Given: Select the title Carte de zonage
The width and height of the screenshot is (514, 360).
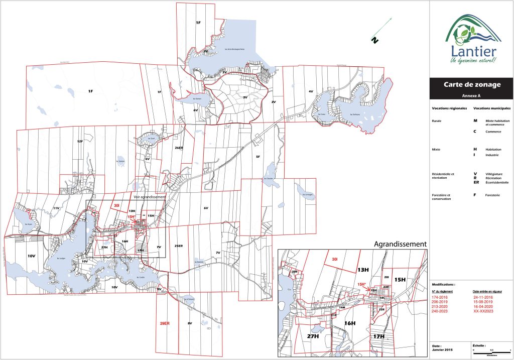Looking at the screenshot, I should [472, 85].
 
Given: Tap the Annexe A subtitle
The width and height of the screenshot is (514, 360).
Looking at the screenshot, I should [471, 95].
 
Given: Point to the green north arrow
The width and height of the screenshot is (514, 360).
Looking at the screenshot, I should [382, 30].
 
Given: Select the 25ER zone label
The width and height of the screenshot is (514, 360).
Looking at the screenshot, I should [178, 246].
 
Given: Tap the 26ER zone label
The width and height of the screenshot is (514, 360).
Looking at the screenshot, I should [179, 148].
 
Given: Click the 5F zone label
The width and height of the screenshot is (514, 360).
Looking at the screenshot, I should [258, 157].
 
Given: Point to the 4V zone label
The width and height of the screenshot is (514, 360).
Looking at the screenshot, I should [311, 91].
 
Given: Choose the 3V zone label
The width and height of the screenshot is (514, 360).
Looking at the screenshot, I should [245, 97].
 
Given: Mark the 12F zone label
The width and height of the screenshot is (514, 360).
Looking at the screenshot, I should [79, 142].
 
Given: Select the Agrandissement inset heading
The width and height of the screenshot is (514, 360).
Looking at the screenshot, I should [401, 244].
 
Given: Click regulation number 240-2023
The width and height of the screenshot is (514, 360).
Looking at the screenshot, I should [440, 312].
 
